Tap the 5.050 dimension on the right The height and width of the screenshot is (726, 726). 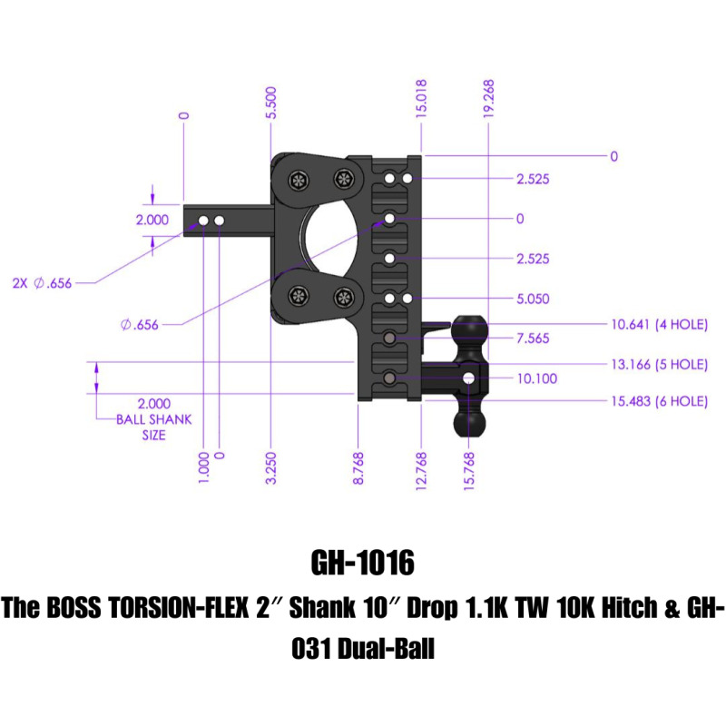[x=533, y=299]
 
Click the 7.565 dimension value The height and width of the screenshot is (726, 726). [x=533, y=338]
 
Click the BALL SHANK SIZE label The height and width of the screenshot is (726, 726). [x=141, y=427]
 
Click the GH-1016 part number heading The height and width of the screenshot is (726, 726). [x=362, y=564]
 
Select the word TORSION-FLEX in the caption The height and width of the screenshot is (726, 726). [x=204, y=608]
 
